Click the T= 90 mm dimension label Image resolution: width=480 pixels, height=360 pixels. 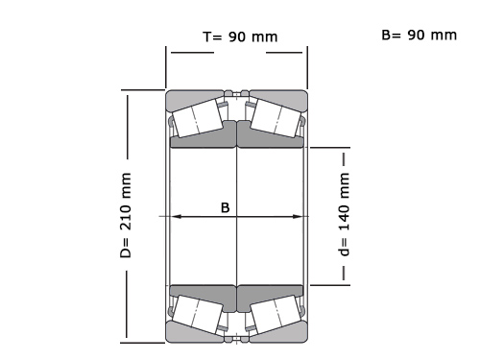[x=240, y=37]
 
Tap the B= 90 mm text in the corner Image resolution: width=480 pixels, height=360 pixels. [x=419, y=35]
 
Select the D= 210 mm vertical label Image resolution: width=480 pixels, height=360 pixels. [x=126, y=215]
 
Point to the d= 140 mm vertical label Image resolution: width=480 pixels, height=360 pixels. [x=344, y=214]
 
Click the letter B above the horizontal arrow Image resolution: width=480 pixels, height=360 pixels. [x=226, y=207]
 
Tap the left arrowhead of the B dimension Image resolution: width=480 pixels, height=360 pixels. [x=176, y=217]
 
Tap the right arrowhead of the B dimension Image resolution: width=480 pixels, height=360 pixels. [x=297, y=217]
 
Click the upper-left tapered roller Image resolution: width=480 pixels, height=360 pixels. [x=197, y=118]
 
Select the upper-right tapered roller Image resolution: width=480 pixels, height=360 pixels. [x=276, y=118]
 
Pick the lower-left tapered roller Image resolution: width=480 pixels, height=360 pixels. [x=197, y=314]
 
